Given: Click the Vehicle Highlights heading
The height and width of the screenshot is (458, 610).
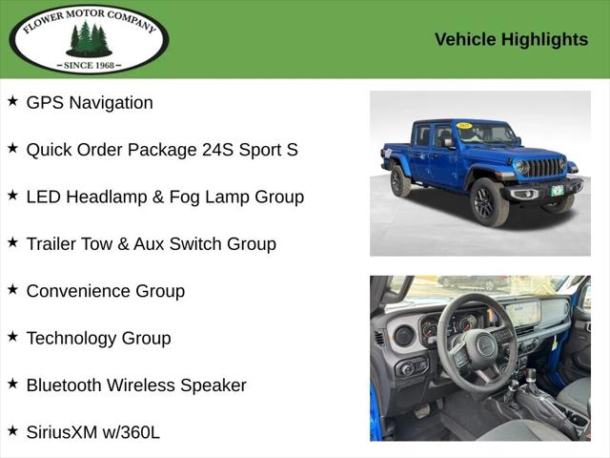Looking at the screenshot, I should [511, 39].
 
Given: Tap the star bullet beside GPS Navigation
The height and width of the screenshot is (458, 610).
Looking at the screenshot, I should [12, 101].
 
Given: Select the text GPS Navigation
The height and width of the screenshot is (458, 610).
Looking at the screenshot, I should [90, 103].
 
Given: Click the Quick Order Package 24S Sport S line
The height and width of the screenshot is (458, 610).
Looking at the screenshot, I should [162, 150].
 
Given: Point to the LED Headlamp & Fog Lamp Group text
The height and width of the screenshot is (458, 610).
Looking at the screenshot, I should [165, 197].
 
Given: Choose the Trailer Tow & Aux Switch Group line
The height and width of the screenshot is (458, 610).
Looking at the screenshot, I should [151, 243].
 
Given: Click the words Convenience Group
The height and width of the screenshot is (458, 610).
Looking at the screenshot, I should [105, 291].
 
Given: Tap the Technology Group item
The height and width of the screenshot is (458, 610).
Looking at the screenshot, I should [98, 338].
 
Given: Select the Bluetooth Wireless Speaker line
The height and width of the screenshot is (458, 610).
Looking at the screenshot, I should [136, 385].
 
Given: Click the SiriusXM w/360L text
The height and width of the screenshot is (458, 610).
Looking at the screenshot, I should [92, 432].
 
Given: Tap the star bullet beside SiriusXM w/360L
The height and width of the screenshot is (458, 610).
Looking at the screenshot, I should [12, 430].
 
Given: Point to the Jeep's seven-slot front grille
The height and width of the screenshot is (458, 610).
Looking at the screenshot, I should [545, 168].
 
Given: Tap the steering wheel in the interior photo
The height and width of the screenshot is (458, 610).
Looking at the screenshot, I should [477, 343].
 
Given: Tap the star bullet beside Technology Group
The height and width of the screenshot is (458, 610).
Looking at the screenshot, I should [12, 336].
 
